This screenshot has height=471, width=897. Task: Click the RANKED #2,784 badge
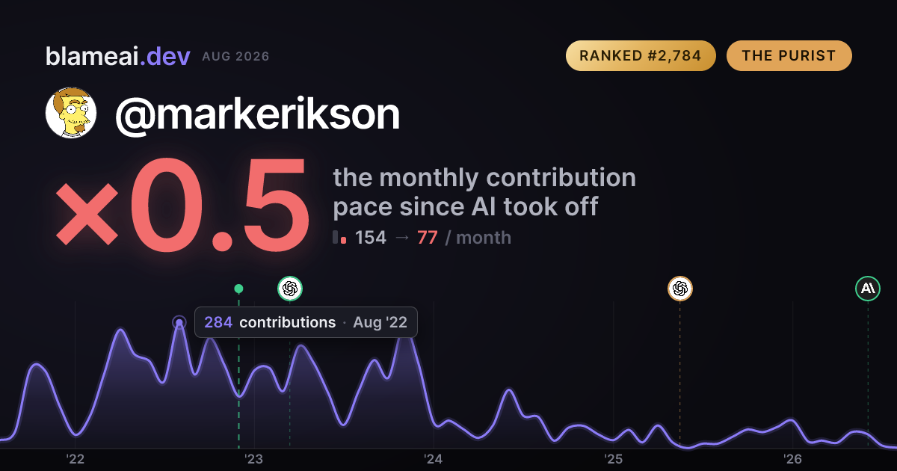pyautogui.click(x=641, y=55)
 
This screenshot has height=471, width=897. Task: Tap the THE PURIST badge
pyautogui.click(x=789, y=55)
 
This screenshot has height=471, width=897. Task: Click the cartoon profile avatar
pyautogui.click(x=71, y=113)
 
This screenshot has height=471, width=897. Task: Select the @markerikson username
pyautogui.click(x=257, y=114)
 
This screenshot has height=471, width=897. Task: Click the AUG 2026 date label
pyautogui.click(x=235, y=57)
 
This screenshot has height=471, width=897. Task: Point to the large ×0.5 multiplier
pyautogui.click(x=182, y=205)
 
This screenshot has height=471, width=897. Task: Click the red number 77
pyautogui.click(x=428, y=238)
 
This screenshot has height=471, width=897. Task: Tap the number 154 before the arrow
pyautogui.click(x=371, y=238)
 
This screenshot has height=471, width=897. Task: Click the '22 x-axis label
pyautogui.click(x=75, y=459)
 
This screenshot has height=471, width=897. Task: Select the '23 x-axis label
pyautogui.click(x=254, y=459)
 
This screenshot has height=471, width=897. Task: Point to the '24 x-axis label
pyautogui.click(x=434, y=459)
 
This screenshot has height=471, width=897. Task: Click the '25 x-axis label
pyautogui.click(x=613, y=459)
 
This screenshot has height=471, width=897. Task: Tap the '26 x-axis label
pyautogui.click(x=792, y=459)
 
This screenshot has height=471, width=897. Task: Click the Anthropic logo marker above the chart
pyautogui.click(x=868, y=289)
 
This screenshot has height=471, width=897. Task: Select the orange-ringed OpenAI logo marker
pyautogui.click(x=680, y=289)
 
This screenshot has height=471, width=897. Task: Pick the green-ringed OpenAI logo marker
pyautogui.click(x=290, y=289)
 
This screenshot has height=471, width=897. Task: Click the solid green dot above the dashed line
pyautogui.click(x=238, y=289)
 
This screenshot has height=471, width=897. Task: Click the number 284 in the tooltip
pyautogui.click(x=218, y=322)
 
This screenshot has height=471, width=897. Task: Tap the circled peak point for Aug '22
pyautogui.click(x=179, y=322)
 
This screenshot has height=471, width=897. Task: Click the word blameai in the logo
pyautogui.click(x=92, y=56)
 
